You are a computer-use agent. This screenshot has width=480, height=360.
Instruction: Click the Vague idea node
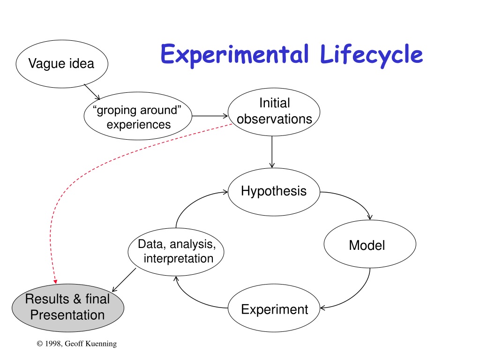coord(62,64)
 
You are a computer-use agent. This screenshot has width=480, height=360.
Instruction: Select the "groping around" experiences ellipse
coord(138,116)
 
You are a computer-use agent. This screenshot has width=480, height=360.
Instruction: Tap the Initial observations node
coord(274,112)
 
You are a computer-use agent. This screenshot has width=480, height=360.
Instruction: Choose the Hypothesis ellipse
coord(274,192)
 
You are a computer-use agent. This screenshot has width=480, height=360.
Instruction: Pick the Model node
coord(370,244)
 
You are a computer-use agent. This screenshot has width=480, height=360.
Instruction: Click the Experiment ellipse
coord(274,308)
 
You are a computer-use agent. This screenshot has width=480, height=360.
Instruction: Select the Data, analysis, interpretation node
coord(176,252)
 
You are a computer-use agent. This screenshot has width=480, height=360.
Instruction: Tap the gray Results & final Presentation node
coord(68,308)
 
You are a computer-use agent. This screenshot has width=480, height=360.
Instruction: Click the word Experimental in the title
coord(234,55)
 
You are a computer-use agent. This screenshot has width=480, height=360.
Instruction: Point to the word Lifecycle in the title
coord(371,55)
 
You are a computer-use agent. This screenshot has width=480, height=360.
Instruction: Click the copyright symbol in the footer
coord(40,344)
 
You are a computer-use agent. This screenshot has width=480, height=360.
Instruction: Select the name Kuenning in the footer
coord(101,344)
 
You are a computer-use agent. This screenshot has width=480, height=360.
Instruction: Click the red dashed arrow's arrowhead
coord(55,281)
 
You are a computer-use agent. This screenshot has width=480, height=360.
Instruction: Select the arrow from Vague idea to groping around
coord(92,92)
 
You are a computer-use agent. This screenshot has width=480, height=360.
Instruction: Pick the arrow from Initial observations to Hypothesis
coord(272,152)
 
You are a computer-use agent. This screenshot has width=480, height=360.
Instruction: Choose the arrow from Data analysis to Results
coord(124,280)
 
